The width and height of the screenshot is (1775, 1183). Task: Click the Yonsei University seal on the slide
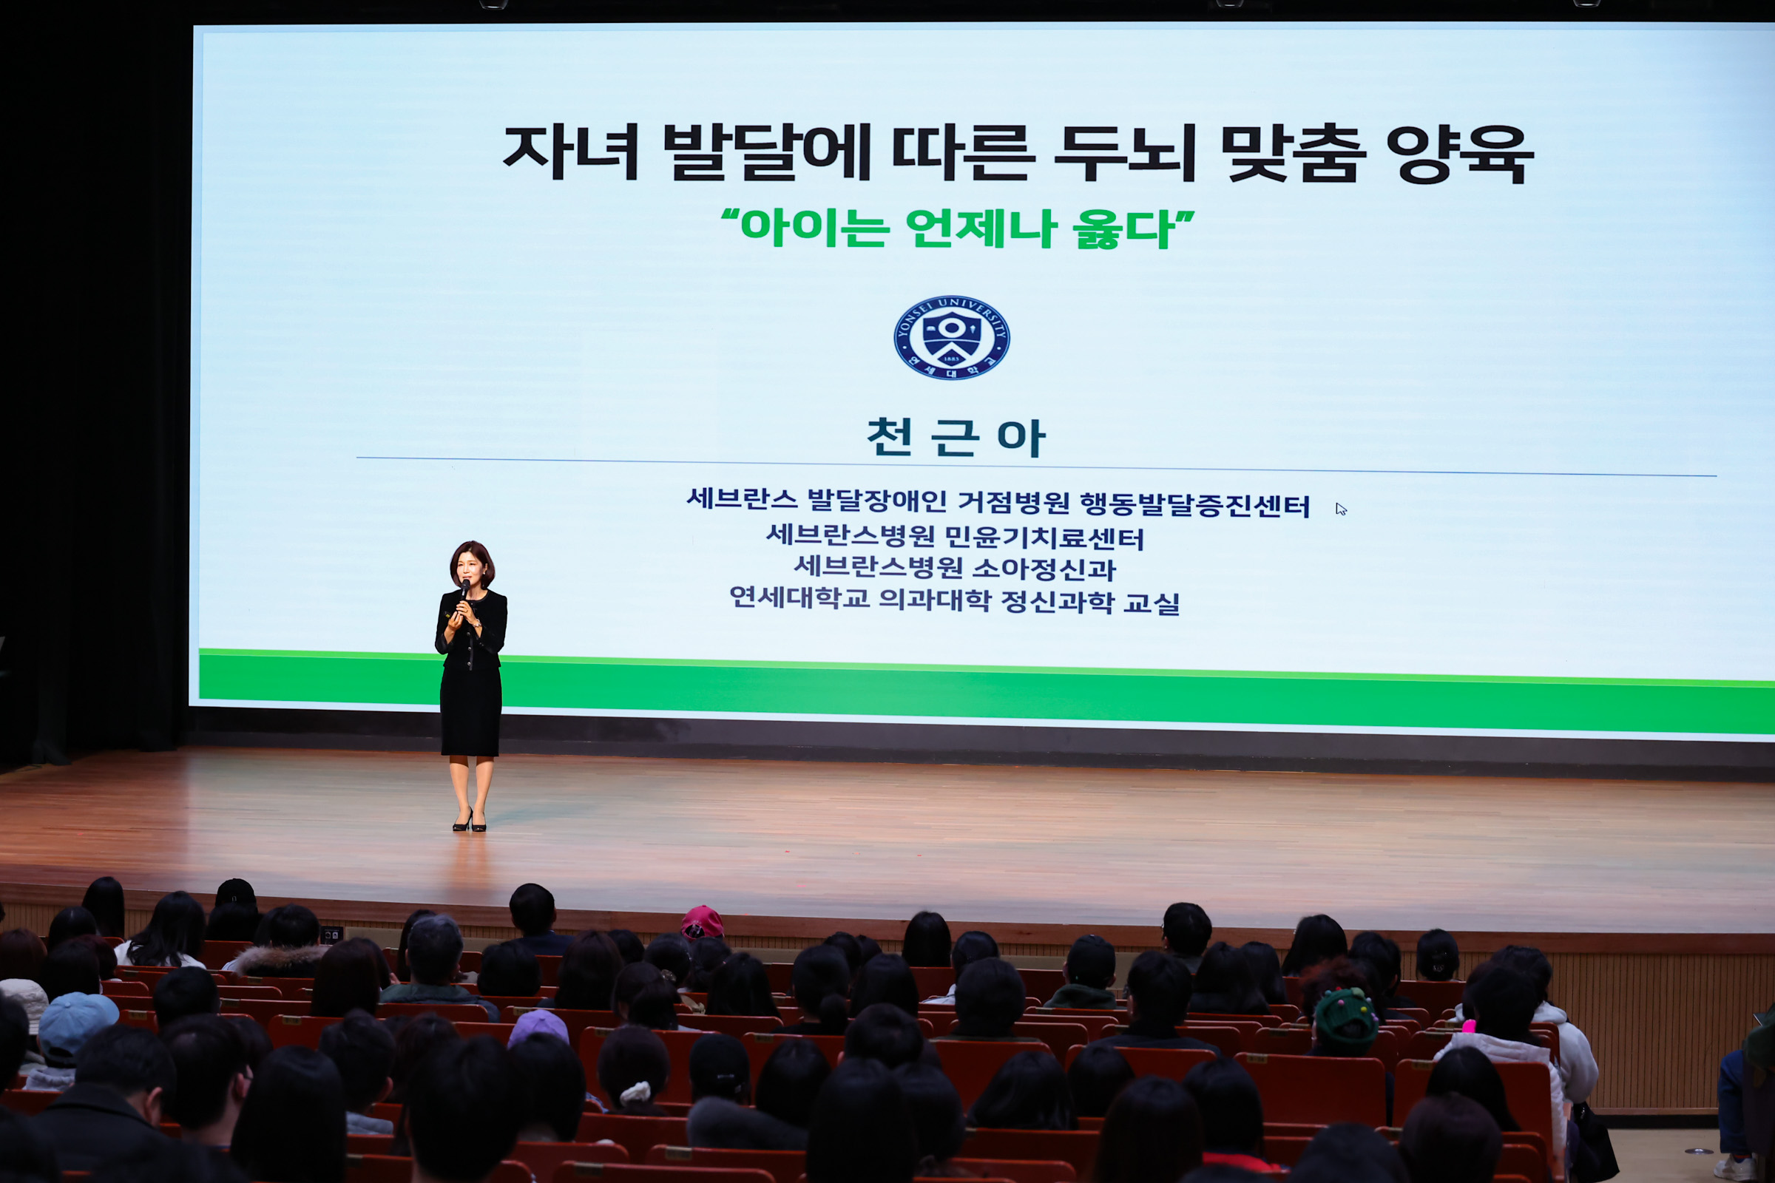pos(952,337)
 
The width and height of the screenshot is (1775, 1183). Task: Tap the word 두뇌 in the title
pos(1124,153)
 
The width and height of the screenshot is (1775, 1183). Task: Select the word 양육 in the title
pos(1459,154)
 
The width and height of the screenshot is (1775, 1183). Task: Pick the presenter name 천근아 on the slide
pos(956,438)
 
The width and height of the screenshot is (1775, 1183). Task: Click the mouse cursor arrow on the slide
pos(1340,509)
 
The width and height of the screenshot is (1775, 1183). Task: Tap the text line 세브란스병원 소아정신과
pos(955,568)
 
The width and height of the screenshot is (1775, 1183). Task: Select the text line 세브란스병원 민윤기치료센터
pos(956,537)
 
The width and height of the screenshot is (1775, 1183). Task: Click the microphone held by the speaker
pos(464,588)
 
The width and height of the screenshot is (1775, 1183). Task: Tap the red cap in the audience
pos(702,923)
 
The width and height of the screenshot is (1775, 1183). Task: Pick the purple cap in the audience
pos(538,1028)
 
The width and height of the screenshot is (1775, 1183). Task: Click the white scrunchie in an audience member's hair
pos(635,1092)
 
